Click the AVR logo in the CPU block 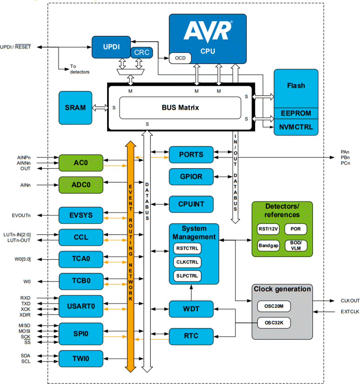pyautogui.click(x=208, y=32)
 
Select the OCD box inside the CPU pyautogui.click(x=180, y=58)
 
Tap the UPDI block pyautogui.click(x=111, y=47)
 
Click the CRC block pyautogui.click(x=142, y=53)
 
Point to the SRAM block pyautogui.click(x=75, y=108)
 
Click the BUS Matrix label pyautogui.click(x=180, y=108)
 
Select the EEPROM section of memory pyautogui.click(x=296, y=113)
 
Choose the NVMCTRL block pyautogui.click(x=296, y=127)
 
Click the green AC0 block pyautogui.click(x=81, y=163)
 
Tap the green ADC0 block pyautogui.click(x=81, y=185)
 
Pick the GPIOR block pyautogui.click(x=191, y=177)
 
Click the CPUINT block pyautogui.click(x=191, y=204)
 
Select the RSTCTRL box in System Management pyautogui.click(x=187, y=248)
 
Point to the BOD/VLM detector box pyautogui.click(x=295, y=245)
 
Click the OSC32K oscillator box pyautogui.click(x=274, y=323)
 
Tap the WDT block pyautogui.click(x=191, y=309)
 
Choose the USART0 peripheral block pyautogui.click(x=81, y=306)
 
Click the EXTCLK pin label pyautogui.click(x=350, y=312)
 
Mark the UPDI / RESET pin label pyautogui.click(x=15, y=47)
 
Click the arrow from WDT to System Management pyautogui.click(x=191, y=293)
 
